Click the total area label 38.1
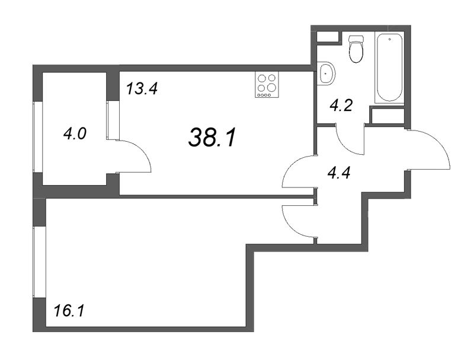click(212, 137)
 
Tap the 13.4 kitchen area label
click(142, 89)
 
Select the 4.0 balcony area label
click(75, 133)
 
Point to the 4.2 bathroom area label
click(341, 106)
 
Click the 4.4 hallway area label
click(339, 173)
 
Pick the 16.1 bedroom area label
click(69, 311)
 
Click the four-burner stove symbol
click(267, 85)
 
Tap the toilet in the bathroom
click(356, 49)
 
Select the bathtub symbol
click(390, 68)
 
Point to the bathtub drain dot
click(390, 39)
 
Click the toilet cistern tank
click(356, 39)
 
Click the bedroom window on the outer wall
click(39, 262)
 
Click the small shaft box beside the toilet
click(328, 37)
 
